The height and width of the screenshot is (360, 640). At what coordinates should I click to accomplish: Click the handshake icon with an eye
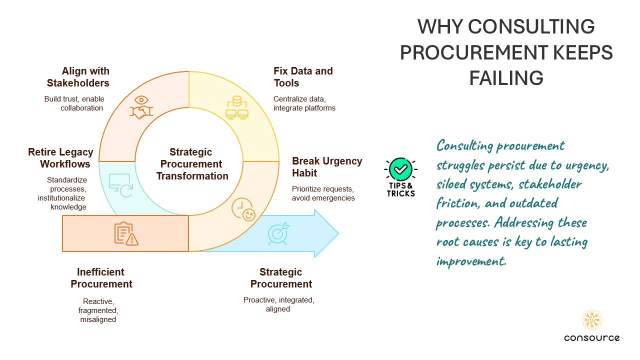(141, 107)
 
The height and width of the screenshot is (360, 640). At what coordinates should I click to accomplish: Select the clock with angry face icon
(243, 209)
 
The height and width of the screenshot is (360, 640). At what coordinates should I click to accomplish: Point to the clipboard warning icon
(126, 233)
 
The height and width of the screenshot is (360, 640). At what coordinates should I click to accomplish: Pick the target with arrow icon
(278, 233)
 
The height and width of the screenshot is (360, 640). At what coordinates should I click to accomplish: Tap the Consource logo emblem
(592, 320)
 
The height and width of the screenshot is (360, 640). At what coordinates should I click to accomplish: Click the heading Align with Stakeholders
(78, 77)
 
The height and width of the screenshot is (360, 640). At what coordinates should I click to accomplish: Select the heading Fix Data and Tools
(303, 77)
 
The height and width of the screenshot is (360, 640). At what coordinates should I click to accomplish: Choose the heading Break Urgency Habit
(327, 167)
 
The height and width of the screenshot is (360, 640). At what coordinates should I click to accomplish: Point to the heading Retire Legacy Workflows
(60, 158)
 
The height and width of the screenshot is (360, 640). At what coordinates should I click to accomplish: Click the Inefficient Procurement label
(101, 278)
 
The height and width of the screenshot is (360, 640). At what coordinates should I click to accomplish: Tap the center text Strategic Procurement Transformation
(192, 164)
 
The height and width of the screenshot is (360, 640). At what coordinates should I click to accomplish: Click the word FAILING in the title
(506, 78)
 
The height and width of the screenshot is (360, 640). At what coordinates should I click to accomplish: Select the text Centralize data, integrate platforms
(304, 103)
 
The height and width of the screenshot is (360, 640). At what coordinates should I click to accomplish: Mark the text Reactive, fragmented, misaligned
(98, 310)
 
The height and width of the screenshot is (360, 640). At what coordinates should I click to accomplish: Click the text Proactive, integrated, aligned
(278, 304)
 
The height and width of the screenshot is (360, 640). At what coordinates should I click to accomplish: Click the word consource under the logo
(592, 338)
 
